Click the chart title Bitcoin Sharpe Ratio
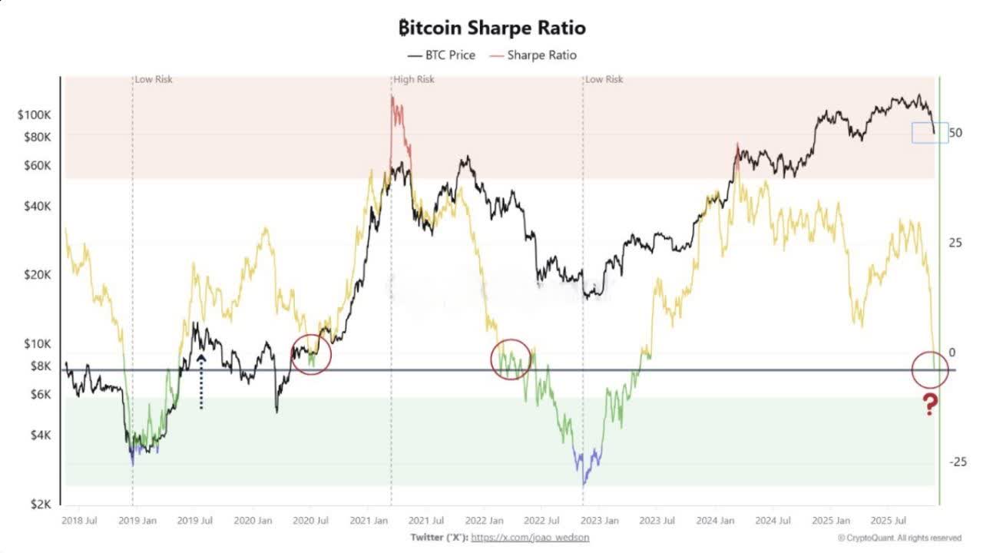[492, 28]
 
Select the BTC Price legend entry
[442, 55]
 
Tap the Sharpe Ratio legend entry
[533, 55]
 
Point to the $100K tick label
[35, 115]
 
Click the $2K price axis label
[41, 505]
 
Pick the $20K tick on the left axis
[38, 275]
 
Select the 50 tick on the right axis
[955, 133]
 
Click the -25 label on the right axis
[958, 462]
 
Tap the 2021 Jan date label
[369, 521]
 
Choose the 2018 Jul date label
[79, 521]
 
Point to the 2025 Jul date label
[889, 521]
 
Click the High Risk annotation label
[414, 79]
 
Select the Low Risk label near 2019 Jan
[154, 79]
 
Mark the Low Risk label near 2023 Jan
[604, 79]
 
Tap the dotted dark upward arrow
[201, 382]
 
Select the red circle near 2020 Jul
[291, 355]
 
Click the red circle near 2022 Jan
[491, 359]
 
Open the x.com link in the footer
[530, 538]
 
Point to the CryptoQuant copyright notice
[899, 538]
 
